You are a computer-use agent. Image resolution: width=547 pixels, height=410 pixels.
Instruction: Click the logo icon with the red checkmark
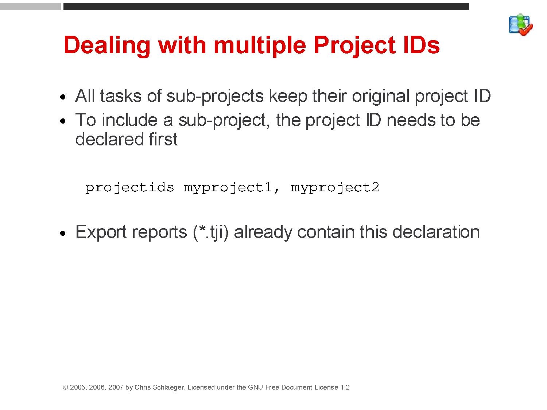pos(521,25)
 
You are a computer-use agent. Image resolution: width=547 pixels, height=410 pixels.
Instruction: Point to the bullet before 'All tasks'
pos(63,97)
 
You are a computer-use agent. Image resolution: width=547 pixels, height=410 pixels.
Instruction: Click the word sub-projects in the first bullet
pos(215,96)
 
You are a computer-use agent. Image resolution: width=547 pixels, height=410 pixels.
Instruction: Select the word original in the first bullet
pos(381,96)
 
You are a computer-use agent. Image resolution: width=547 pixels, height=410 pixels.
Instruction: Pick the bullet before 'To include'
pos(63,121)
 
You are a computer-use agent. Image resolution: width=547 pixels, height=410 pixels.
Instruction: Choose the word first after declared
pos(163,140)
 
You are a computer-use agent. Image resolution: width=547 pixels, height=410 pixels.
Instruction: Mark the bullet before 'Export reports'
pos(63,233)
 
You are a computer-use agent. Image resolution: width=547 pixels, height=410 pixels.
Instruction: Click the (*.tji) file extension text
pos(210,233)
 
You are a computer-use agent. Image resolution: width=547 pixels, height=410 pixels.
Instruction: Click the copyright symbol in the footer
pos(66,387)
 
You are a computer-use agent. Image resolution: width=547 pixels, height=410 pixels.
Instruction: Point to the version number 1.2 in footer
pos(345,387)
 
